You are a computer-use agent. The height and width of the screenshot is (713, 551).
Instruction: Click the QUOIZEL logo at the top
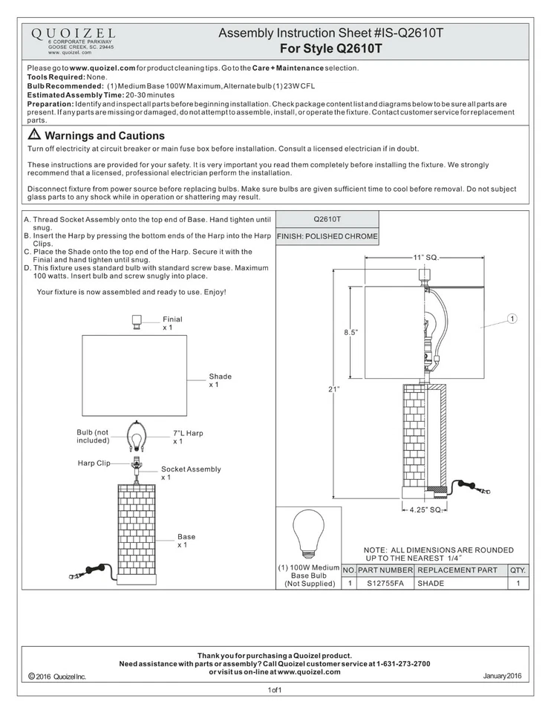point(71,34)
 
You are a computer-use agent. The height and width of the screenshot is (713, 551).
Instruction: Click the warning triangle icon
point(34,137)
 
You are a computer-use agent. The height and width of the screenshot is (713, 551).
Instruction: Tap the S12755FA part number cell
point(385,584)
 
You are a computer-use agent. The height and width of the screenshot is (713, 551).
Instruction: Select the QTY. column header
point(518,570)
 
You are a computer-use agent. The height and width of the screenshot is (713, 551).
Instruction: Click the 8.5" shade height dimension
point(350,333)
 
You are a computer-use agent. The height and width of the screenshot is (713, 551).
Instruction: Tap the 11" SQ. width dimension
point(426,257)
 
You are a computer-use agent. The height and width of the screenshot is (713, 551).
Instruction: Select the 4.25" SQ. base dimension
point(426,510)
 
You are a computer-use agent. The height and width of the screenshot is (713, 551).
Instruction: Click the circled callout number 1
point(512,319)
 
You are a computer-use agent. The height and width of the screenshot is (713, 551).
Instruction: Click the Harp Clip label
point(94,463)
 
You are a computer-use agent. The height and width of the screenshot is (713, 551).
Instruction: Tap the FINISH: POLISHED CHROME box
point(327,237)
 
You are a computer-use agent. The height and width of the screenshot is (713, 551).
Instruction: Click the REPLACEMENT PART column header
point(457,570)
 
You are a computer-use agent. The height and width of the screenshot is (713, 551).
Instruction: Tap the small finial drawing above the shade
point(137,322)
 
